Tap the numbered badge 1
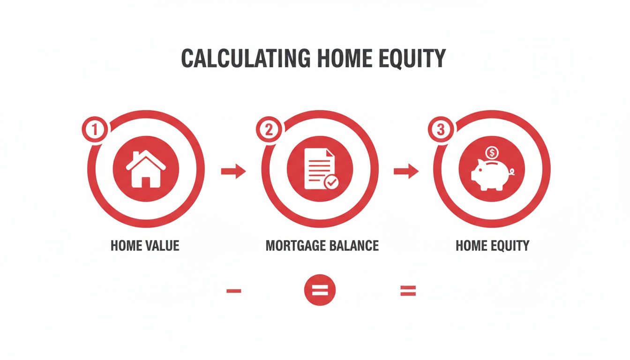click(95, 129)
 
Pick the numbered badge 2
click(268, 129)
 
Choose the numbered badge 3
click(440, 129)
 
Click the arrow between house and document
click(233, 172)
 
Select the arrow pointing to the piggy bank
click(405, 172)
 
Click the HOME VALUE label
click(145, 246)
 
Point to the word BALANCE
click(354, 246)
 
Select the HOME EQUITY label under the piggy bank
click(492, 246)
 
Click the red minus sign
click(233, 291)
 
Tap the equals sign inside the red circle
click(320, 291)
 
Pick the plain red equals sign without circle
click(408, 291)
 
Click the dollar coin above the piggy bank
click(492, 152)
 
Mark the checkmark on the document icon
click(332, 182)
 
